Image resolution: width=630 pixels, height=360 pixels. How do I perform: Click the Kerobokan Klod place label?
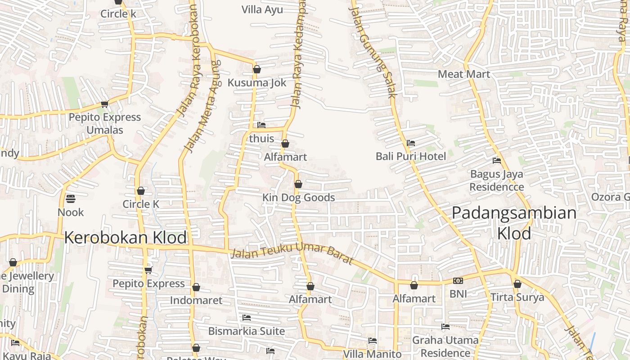pos(125,238)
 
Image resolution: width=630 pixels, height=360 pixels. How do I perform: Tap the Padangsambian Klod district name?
pos(514,223)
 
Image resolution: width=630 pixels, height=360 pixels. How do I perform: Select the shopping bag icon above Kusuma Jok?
pos(257,69)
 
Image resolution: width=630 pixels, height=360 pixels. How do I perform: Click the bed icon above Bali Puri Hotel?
pos(410,143)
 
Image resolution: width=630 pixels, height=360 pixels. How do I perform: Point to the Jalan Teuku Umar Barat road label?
pos(292,254)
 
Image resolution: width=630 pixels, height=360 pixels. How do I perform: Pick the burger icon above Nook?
pos(71,198)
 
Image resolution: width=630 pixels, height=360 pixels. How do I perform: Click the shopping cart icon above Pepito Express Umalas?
pos(104,104)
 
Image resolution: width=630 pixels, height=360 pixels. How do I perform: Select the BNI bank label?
pos(458,294)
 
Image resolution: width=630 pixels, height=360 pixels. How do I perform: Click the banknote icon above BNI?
pos(458,281)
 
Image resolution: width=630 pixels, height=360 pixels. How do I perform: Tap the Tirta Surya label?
pos(517,297)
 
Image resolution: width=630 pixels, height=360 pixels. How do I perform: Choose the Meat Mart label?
pos(463,74)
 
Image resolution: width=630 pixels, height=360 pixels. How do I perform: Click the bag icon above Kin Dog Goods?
pos(298,184)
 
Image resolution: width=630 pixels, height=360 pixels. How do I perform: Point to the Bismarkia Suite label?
pos(246,331)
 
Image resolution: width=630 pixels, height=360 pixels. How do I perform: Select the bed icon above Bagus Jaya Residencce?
pos(497,160)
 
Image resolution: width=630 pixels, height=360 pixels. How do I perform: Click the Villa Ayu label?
pos(262,9)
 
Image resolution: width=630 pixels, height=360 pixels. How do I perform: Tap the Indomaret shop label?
pos(196,300)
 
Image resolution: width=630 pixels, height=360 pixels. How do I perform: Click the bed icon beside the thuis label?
pos(261,125)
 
